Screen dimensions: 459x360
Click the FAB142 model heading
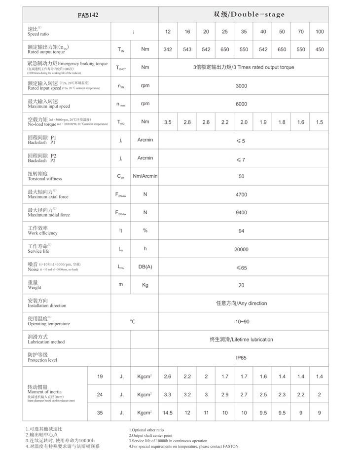pyautogui.click(x=88, y=15)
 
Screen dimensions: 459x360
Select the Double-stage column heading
pyautogui.click(x=249, y=14)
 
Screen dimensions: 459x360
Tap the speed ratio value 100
pyautogui.click(x=320, y=32)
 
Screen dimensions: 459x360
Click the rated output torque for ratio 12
pyautogui.click(x=168, y=49)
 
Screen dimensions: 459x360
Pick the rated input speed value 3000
pyautogui.click(x=241, y=86)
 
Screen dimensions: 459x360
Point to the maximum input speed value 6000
pyautogui.click(x=241, y=104)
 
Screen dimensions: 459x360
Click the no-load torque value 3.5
pyautogui.click(x=168, y=122)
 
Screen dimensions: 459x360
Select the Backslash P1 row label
pyautogui.click(x=42, y=140)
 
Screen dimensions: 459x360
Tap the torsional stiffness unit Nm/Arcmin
pyautogui.click(x=145, y=176)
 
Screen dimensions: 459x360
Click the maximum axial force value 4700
pyautogui.click(x=241, y=194)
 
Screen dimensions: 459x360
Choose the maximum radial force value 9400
pyautogui.click(x=241, y=213)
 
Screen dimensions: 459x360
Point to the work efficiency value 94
pyautogui.click(x=241, y=231)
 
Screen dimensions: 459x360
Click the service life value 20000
pyautogui.click(x=241, y=249)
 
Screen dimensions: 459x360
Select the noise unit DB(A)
pyautogui.click(x=145, y=267)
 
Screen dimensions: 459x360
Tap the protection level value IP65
pyautogui.click(x=241, y=358)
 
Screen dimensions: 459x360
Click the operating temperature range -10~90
pyautogui.click(x=241, y=322)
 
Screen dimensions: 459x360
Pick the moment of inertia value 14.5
pyautogui.click(x=168, y=413)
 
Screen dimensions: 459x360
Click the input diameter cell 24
pyautogui.click(x=100, y=394)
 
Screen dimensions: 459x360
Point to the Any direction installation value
pyautogui.click(x=241, y=304)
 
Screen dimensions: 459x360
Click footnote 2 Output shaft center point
pyautogui.click(x=150, y=435)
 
